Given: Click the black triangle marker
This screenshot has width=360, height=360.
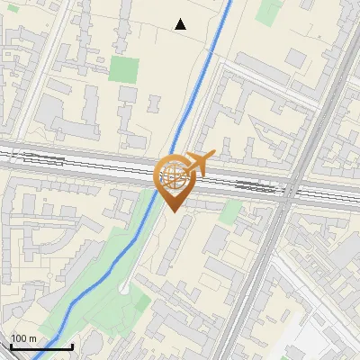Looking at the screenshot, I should (181, 24).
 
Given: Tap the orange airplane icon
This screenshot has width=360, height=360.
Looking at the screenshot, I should (200, 163).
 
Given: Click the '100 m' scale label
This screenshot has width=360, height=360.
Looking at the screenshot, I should (24, 338).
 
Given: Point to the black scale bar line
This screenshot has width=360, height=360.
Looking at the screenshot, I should (40, 347).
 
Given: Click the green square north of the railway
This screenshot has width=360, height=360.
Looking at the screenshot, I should (125, 70).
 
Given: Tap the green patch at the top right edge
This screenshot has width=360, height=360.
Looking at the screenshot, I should (268, 11).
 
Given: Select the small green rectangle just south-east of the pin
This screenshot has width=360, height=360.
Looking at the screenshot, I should (232, 212).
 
